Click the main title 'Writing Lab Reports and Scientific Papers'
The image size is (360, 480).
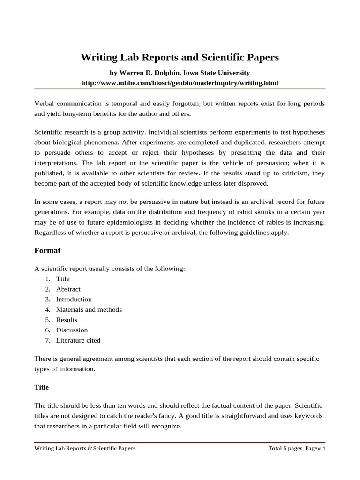pyautogui.click(x=180, y=58)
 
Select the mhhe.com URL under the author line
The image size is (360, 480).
pyautogui.click(x=180, y=83)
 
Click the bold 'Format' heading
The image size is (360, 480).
pyautogui.click(x=47, y=250)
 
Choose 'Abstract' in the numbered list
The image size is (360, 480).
pyautogui.click(x=68, y=289)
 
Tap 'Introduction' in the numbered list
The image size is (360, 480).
pyautogui.click(x=74, y=300)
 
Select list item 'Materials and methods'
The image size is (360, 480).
pyautogui.click(x=89, y=310)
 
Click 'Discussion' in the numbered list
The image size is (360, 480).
pyautogui.click(x=72, y=330)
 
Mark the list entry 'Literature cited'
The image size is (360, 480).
pyautogui.click(x=78, y=341)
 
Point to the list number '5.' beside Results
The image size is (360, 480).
pyautogui.click(x=48, y=320)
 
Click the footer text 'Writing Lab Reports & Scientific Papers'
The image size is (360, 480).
pyautogui.click(x=85, y=449)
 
